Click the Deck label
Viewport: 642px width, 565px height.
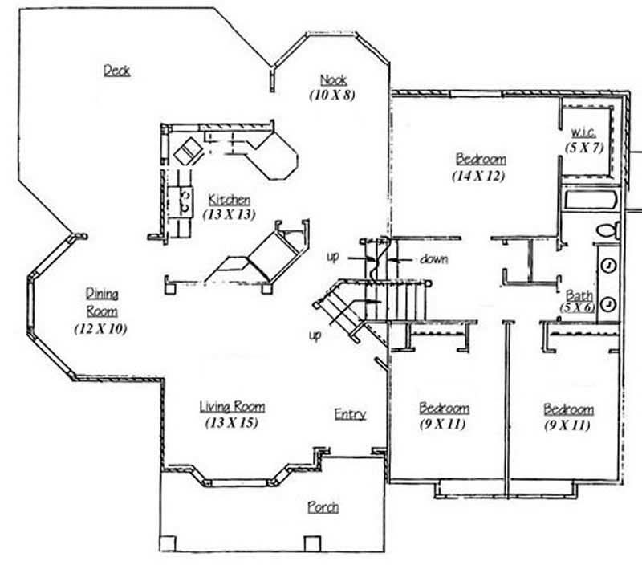click(x=116, y=71)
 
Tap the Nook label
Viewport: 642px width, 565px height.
click(x=333, y=79)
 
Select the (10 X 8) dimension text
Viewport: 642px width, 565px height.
click(x=332, y=95)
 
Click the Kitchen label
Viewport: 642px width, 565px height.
click(x=229, y=199)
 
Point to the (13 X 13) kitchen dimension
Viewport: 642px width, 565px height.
click(x=229, y=214)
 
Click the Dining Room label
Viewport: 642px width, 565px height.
click(x=101, y=303)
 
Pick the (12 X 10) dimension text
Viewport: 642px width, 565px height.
click(x=100, y=329)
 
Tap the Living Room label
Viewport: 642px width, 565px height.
click(x=232, y=407)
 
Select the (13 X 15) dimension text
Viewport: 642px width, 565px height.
click(x=232, y=422)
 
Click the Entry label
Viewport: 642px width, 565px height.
click(x=350, y=414)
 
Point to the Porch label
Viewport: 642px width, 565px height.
click(x=323, y=507)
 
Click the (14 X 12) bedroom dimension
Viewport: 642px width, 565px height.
click(x=480, y=176)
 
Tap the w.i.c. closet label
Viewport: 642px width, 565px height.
click(x=582, y=131)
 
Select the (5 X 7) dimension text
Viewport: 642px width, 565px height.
click(x=583, y=147)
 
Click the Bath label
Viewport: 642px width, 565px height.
click(x=579, y=295)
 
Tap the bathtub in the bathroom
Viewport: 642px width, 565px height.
click(x=590, y=200)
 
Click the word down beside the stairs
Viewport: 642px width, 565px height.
click(x=433, y=259)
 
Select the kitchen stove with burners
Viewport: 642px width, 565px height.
click(x=185, y=201)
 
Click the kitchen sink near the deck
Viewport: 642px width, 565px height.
click(x=189, y=149)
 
